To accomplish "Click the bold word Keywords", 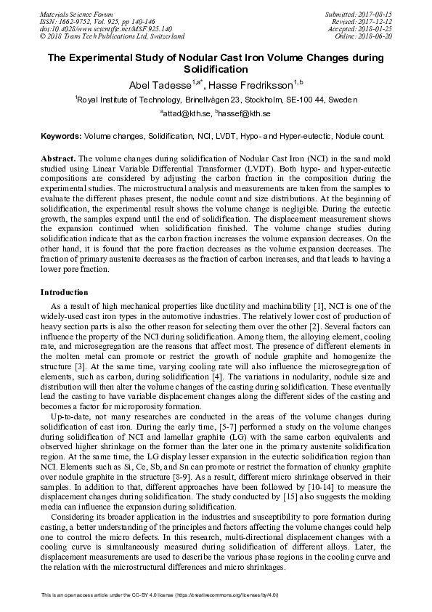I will coord(61,136).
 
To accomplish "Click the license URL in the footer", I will coord(218,595).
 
